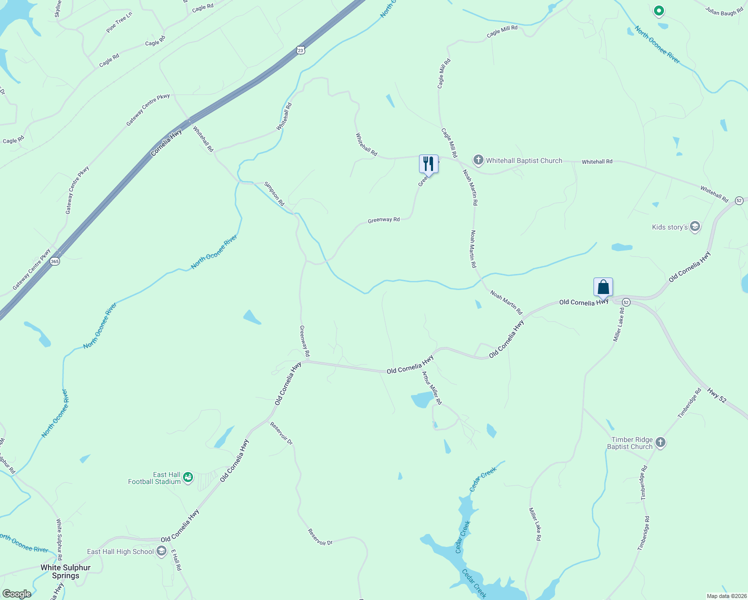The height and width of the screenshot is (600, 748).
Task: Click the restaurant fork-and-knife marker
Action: tap(428, 163)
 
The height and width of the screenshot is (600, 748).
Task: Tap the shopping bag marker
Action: tap(603, 287)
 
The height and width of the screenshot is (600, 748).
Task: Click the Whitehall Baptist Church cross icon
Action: tap(478, 160)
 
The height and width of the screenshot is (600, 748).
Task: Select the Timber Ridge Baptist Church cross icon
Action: tap(660, 442)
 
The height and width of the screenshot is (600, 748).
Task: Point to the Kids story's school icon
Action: tap(694, 227)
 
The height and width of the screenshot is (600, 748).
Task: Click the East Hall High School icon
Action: tap(161, 551)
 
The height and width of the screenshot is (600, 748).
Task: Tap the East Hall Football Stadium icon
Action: tap(188, 478)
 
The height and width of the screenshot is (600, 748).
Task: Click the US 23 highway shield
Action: tap(300, 50)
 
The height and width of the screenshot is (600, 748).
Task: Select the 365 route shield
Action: tap(55, 261)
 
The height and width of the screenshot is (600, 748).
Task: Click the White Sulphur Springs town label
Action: tap(65, 571)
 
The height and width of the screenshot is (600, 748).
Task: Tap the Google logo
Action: tap(16, 594)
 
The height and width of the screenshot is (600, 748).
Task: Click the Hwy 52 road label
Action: tap(716, 395)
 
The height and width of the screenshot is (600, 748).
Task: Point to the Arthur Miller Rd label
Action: tap(431, 388)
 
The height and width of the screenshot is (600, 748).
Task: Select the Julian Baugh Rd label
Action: tap(724, 11)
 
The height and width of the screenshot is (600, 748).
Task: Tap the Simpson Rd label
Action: tap(274, 194)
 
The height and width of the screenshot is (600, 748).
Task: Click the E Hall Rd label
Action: tap(176, 560)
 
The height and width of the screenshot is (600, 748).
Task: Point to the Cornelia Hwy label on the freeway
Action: tap(166, 143)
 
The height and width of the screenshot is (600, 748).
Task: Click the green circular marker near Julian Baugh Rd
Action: tap(658, 10)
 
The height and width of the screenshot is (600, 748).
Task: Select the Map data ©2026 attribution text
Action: tap(726, 596)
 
